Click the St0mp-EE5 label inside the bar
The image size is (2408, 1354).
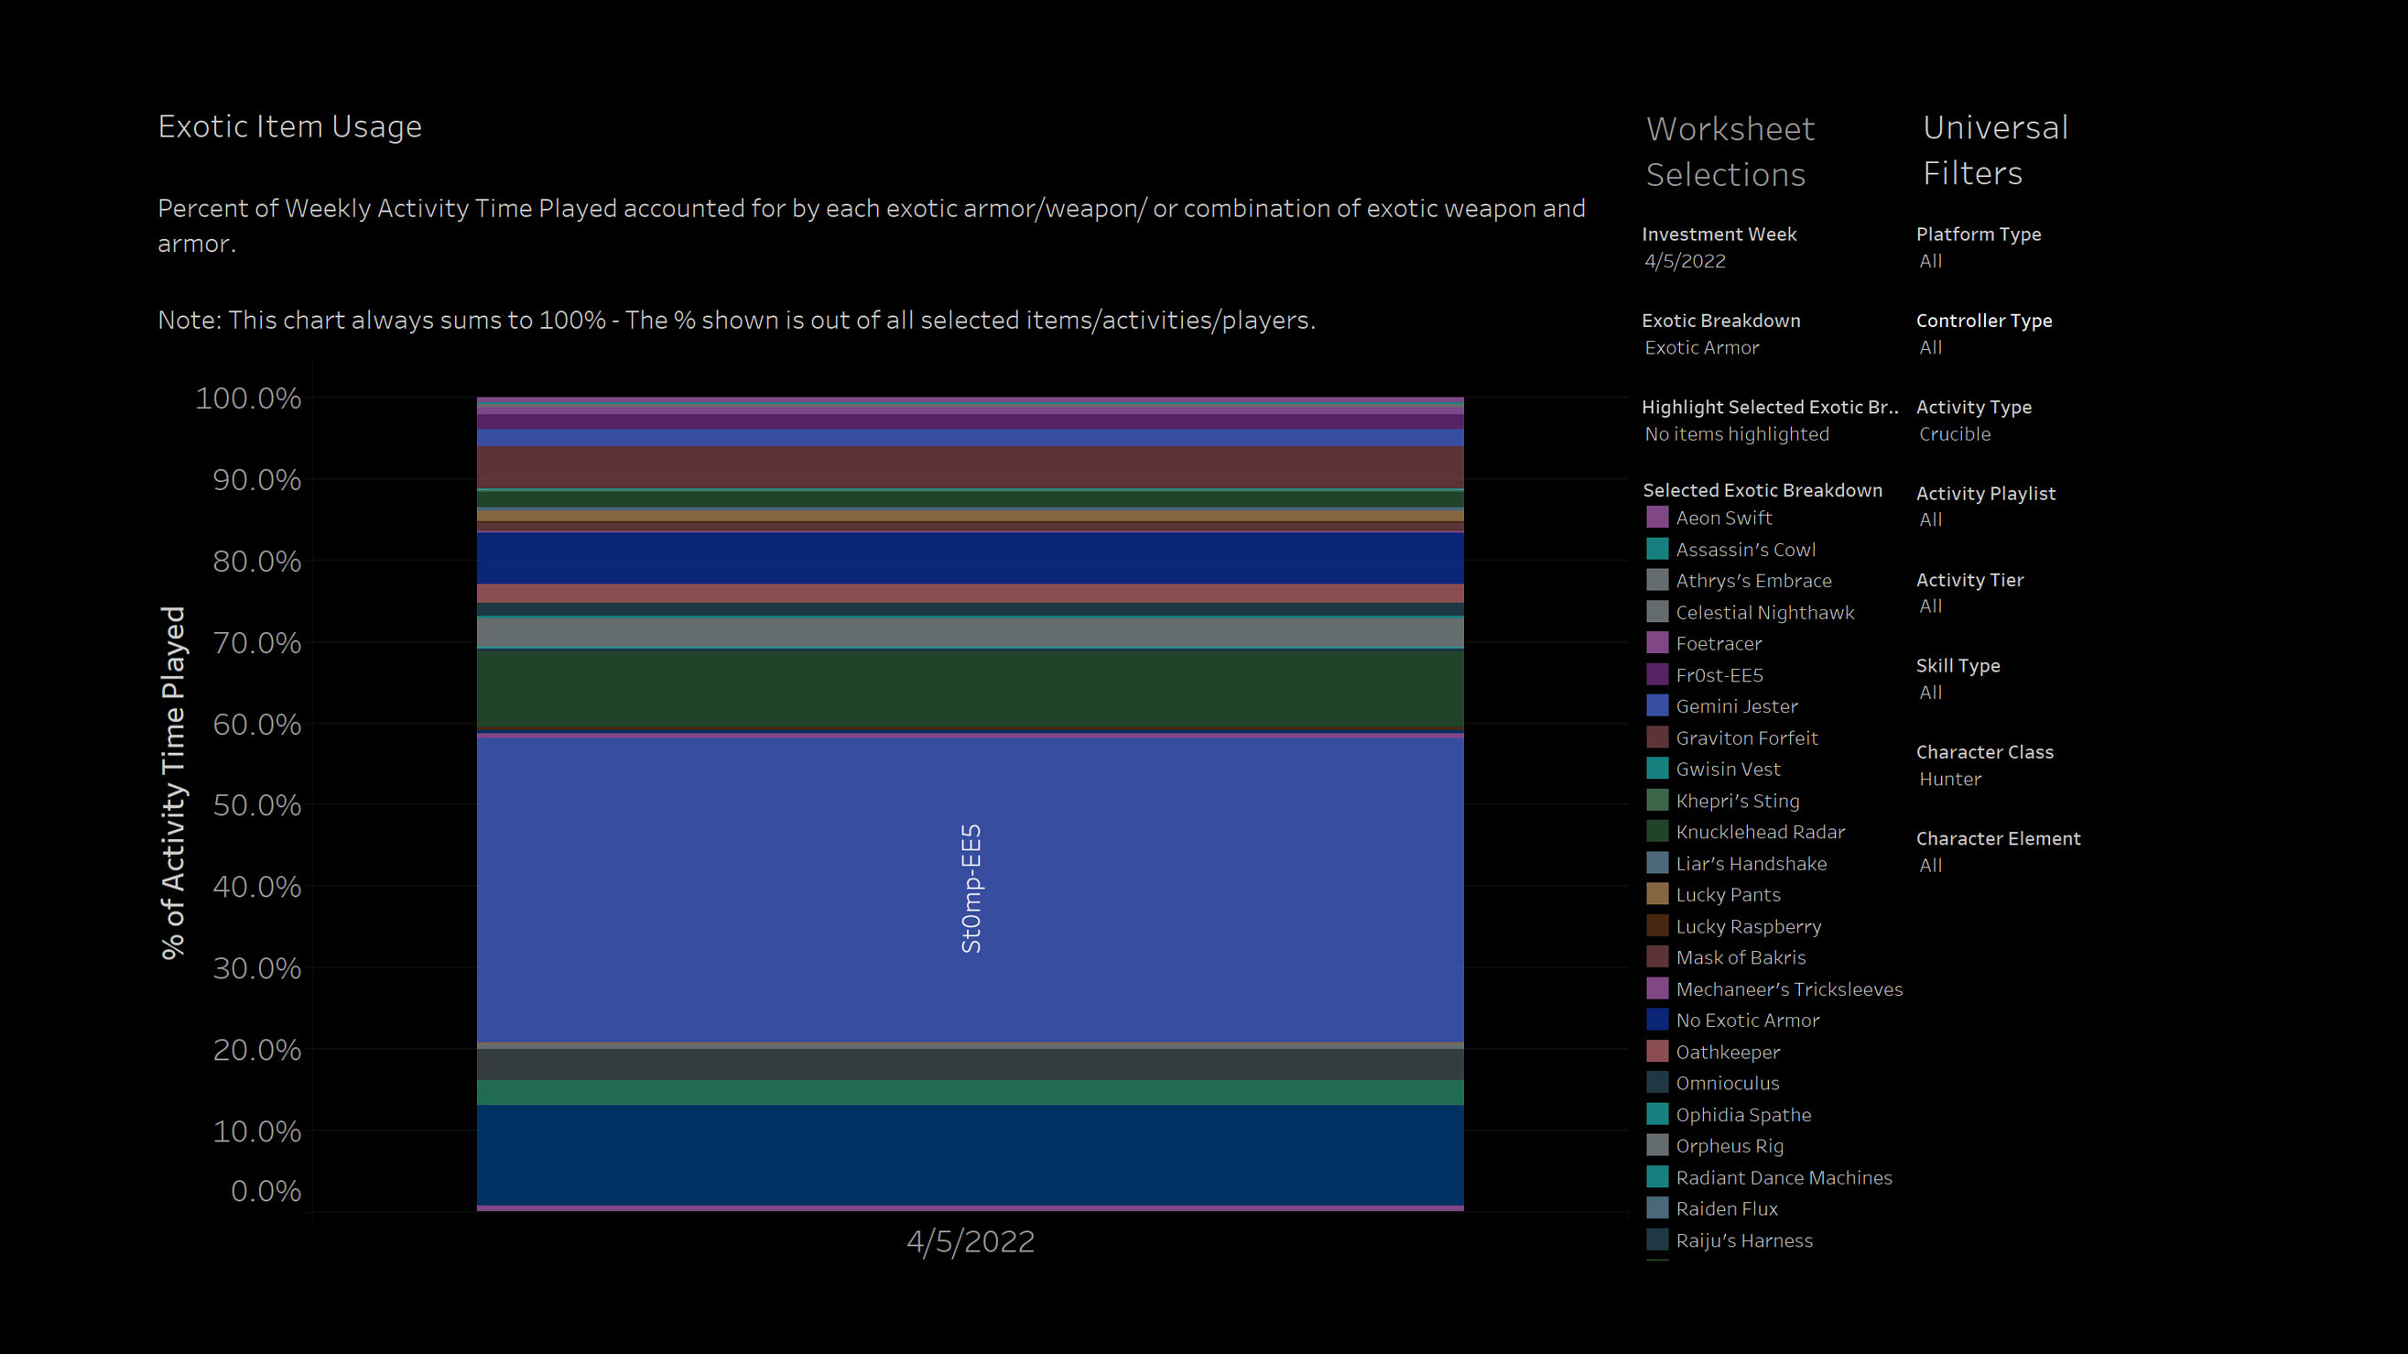(x=971, y=889)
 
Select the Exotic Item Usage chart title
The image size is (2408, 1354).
(x=289, y=126)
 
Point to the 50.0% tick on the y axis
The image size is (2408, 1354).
(x=257, y=805)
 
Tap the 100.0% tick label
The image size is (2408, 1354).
(x=248, y=399)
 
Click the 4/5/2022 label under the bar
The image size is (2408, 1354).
(x=971, y=1242)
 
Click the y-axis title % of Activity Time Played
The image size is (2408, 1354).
(x=174, y=781)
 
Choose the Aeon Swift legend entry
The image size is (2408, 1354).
(x=1723, y=518)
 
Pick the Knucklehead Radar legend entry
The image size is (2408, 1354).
(x=1759, y=832)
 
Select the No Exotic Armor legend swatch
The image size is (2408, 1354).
(x=1656, y=1021)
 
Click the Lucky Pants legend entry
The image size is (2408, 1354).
(x=1728, y=895)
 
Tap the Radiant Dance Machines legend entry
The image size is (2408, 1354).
(x=1783, y=1178)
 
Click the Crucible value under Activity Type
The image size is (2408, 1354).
(x=1954, y=434)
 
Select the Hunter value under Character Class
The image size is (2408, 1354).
(x=1949, y=779)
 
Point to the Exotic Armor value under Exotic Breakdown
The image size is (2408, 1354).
(x=1701, y=348)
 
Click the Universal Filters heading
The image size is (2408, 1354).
(x=1994, y=149)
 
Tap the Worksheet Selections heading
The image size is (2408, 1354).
(x=1730, y=151)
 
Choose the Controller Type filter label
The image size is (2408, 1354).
(x=1983, y=321)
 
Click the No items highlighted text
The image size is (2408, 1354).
(x=1736, y=434)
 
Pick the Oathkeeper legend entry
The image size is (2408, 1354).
(x=1727, y=1052)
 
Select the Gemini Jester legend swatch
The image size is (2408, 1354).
(x=1656, y=706)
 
